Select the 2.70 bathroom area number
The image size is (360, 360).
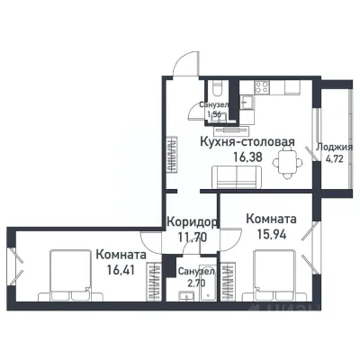(194, 282)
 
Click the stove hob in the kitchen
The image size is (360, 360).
(262, 88)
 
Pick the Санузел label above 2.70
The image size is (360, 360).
(194, 271)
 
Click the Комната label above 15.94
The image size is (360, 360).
(270, 218)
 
